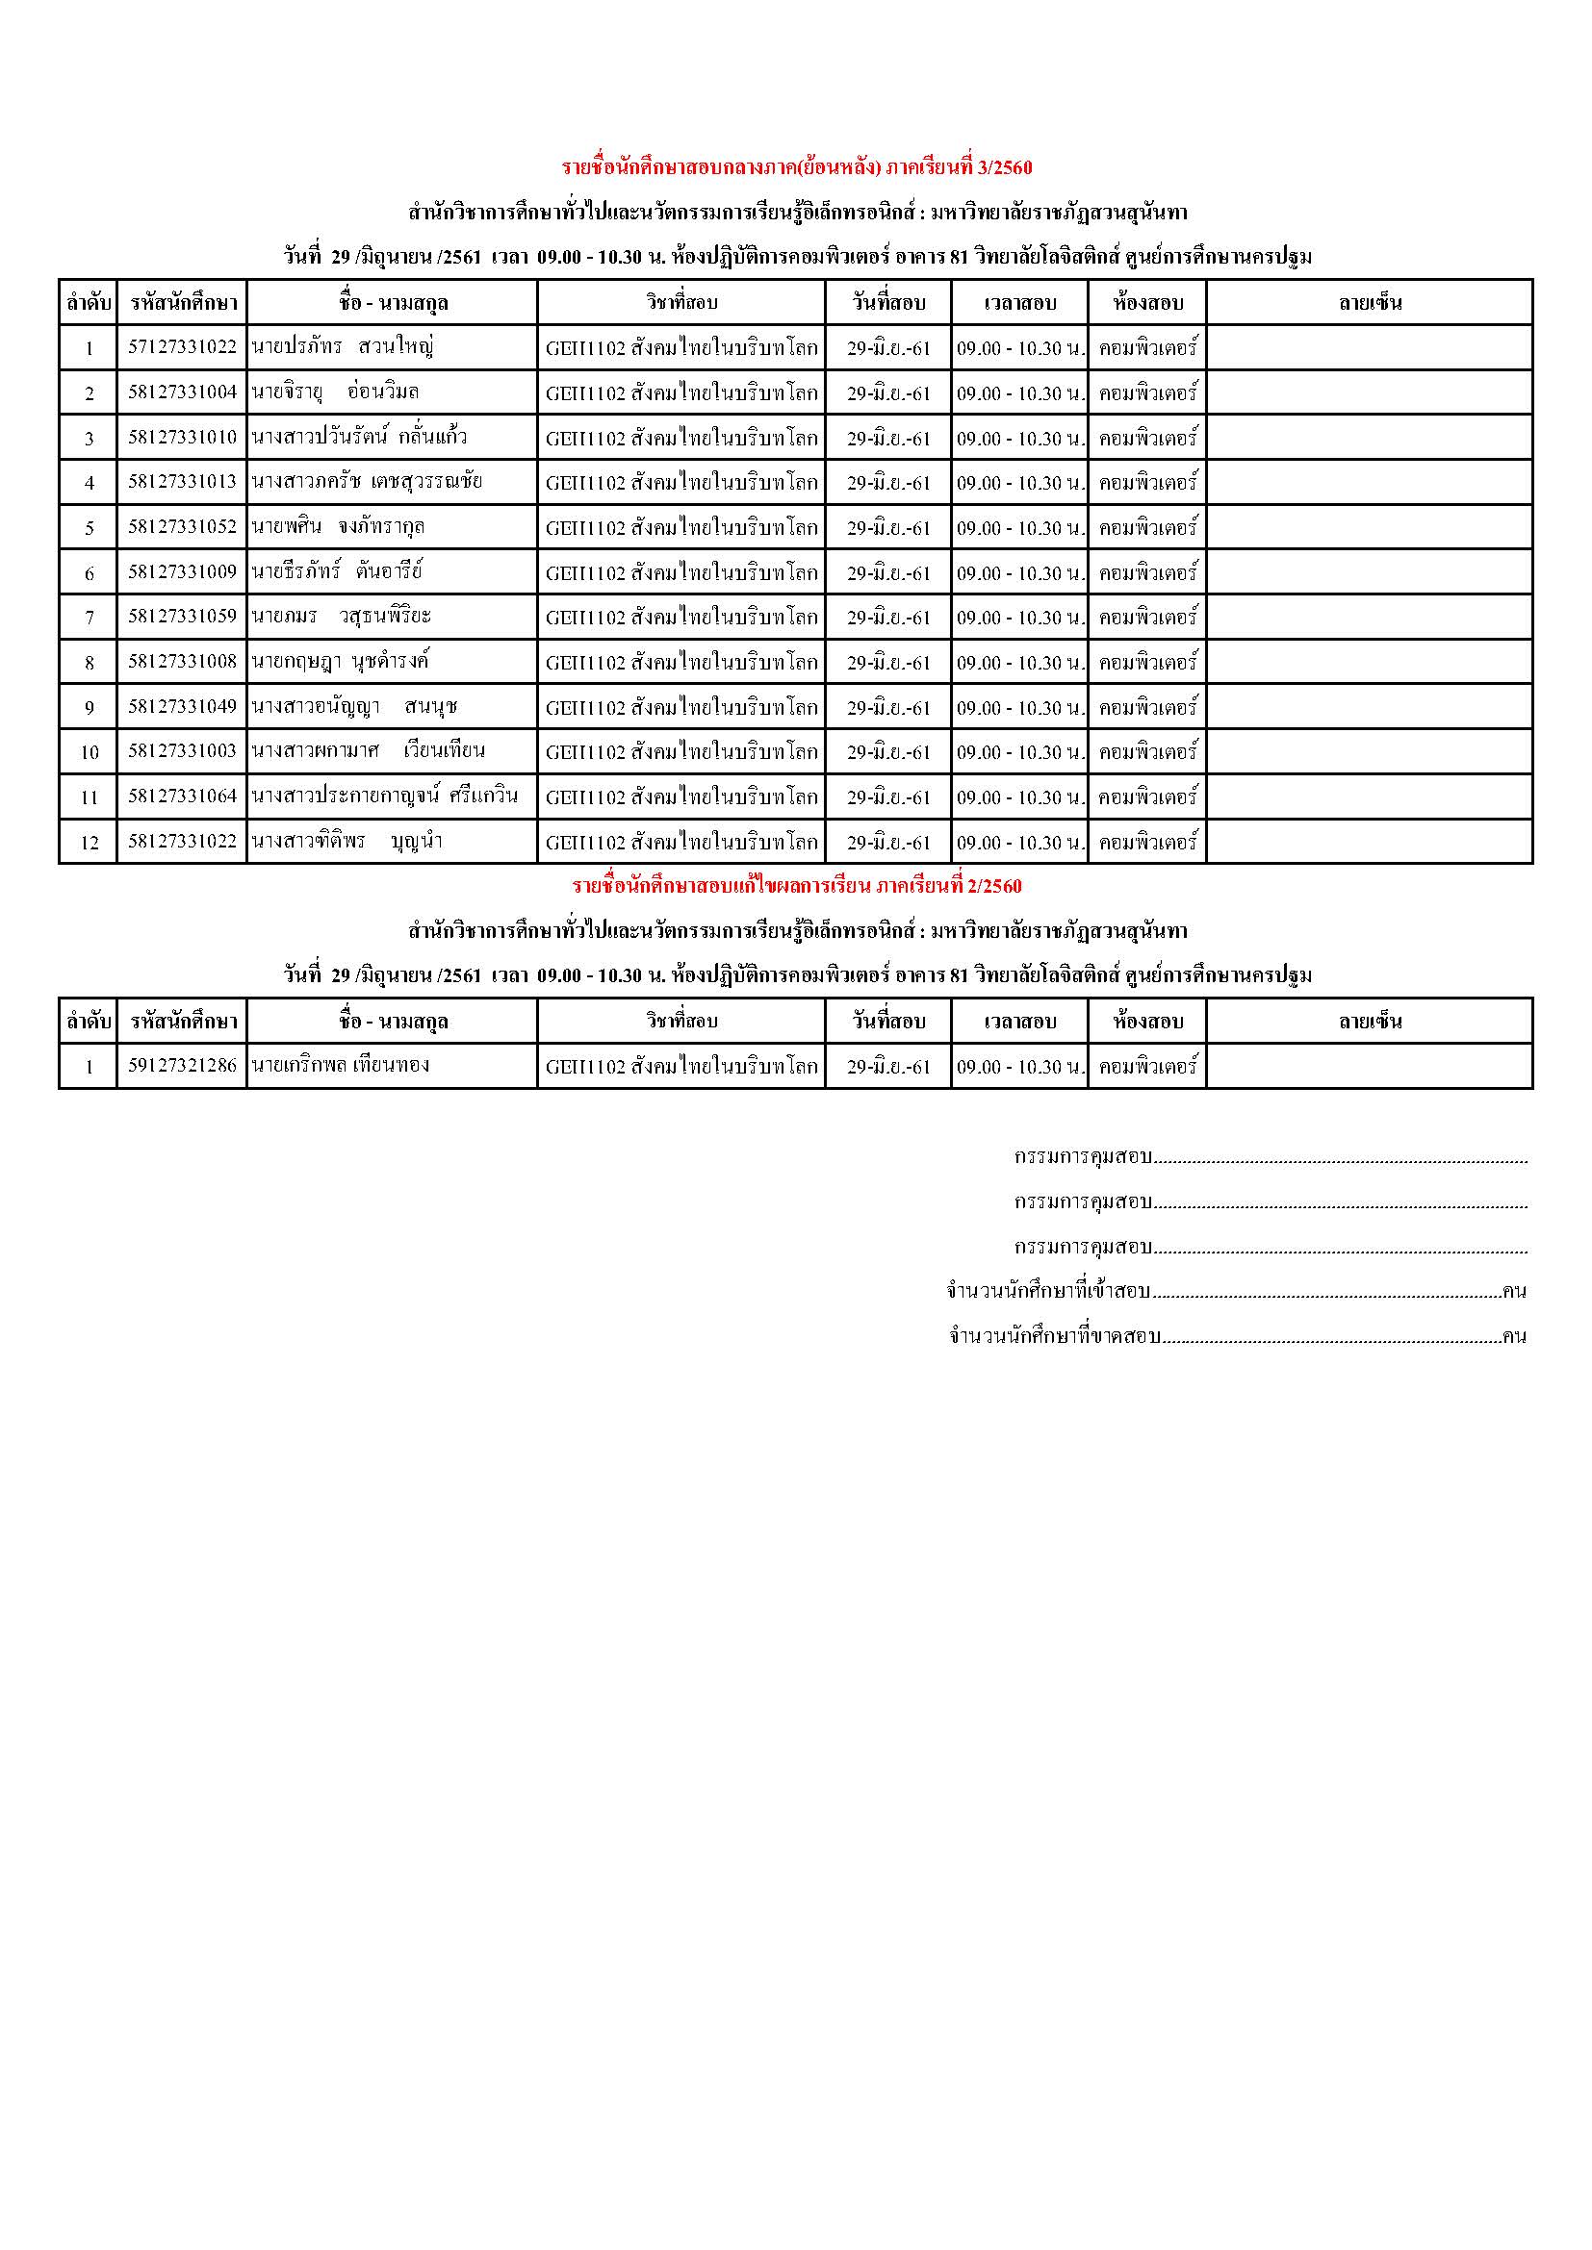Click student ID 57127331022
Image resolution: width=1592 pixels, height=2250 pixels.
pyautogui.click(x=182, y=347)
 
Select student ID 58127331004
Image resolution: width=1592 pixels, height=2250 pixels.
pyautogui.click(x=182, y=392)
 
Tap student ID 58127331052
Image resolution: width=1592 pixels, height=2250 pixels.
pyautogui.click(x=182, y=527)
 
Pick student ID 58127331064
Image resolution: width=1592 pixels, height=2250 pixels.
pyautogui.click(x=182, y=796)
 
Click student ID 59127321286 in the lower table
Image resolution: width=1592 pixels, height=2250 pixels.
pyautogui.click(x=182, y=1065)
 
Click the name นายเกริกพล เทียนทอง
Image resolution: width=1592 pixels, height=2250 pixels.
pyautogui.click(x=340, y=1065)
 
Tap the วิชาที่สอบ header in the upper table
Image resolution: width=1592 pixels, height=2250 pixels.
pyautogui.click(x=681, y=303)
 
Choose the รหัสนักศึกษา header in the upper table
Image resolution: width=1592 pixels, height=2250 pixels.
pyautogui.click(x=182, y=303)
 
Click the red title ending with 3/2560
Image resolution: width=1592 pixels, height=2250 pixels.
pyautogui.click(x=796, y=167)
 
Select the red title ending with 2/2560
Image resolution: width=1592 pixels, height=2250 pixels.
pyautogui.click(x=796, y=887)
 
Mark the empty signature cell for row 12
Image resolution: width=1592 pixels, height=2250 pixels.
pyautogui.click(x=1370, y=842)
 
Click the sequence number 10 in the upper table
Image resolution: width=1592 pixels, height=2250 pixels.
pyautogui.click(x=90, y=752)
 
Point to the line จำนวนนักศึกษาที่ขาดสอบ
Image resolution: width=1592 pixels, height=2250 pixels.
pyautogui.click(x=1237, y=1337)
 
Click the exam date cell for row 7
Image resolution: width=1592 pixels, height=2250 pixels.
pyautogui.click(x=888, y=618)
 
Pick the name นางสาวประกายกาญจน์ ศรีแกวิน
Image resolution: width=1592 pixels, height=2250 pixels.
pyautogui.click(x=384, y=796)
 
